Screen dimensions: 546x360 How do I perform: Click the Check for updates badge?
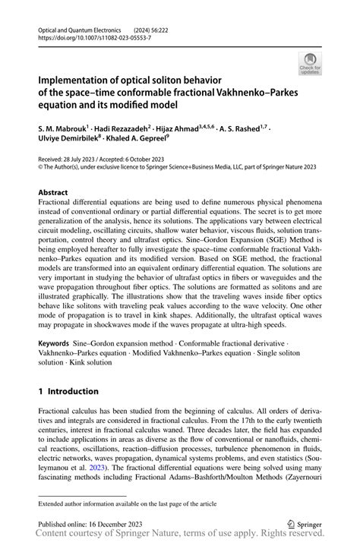point(310,64)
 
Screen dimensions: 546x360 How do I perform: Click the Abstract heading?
point(55,194)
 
